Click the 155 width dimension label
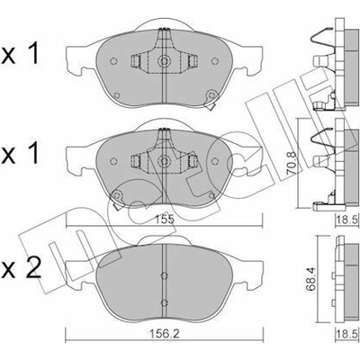pos(165,220)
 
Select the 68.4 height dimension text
pos(311,283)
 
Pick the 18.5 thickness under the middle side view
pos(348,220)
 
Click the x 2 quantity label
pos(21,267)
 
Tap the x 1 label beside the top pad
pos(20,53)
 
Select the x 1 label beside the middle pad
pos(20,153)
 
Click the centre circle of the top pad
pos(164,61)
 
